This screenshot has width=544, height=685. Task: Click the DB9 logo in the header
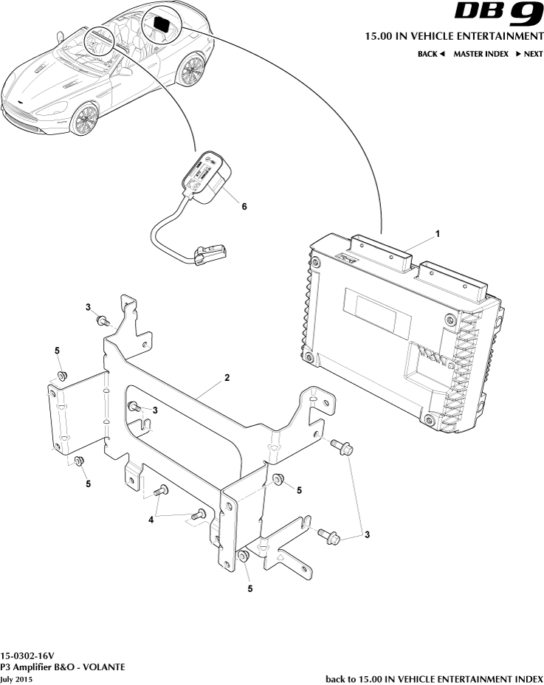pos(498,13)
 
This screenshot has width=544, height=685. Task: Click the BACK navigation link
pos(431,54)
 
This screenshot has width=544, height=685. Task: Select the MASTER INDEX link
pos(481,54)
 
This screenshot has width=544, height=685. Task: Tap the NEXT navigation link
pos(528,54)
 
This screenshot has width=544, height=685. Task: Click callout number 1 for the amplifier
pos(438,234)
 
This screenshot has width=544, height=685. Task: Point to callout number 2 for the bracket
pos(227,377)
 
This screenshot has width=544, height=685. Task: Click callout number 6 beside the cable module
pos(244,206)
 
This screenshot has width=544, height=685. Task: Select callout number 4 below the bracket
pos(151,520)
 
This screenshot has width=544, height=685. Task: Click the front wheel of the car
pos(85,119)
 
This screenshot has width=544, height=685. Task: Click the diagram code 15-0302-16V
pos(27,655)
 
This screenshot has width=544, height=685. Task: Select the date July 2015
pos(16,679)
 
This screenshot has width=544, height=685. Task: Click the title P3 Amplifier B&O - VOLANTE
pos(63,667)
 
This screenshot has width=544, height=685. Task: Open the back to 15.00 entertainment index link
pos(434,679)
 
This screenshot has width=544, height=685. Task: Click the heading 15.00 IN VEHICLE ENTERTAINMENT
pos(454,36)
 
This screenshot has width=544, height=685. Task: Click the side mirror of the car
pos(58,35)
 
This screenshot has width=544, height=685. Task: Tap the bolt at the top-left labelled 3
pos(103,322)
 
